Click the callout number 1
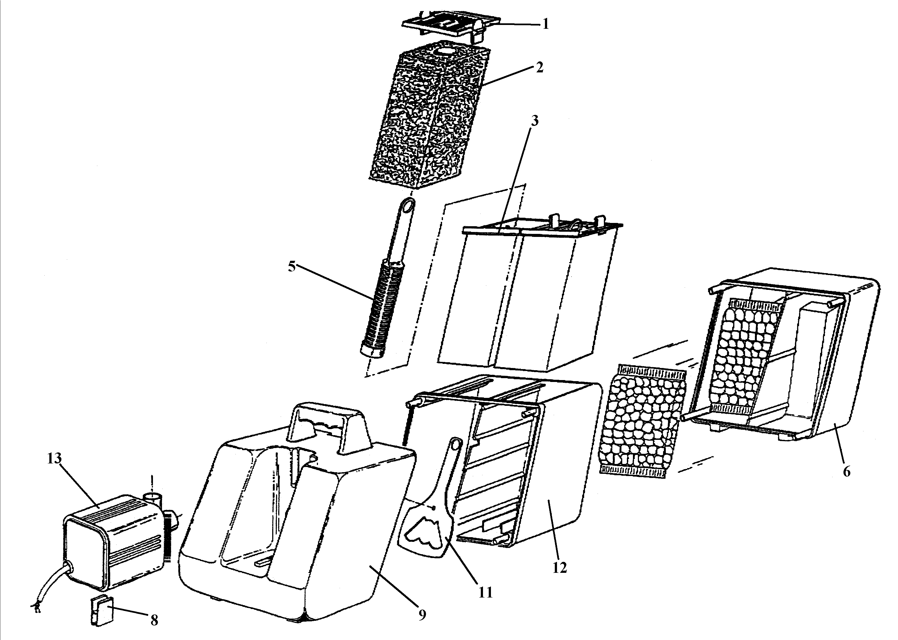point(545,24)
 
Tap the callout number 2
point(539,67)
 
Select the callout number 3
point(535,121)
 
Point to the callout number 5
point(291,267)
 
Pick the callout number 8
point(154,620)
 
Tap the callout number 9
point(422,615)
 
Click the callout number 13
point(54,458)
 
